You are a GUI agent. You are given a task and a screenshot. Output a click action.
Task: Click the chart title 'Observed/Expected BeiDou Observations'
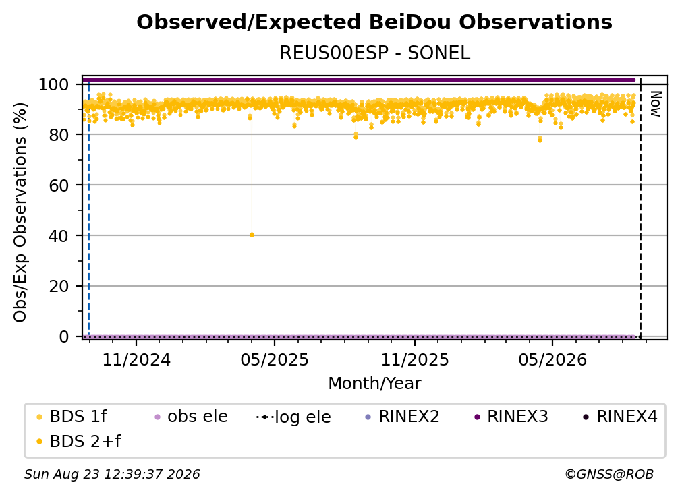click(x=374, y=22)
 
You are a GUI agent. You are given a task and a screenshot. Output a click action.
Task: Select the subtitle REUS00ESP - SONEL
click(x=374, y=53)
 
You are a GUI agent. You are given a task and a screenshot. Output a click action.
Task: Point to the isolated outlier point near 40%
click(x=252, y=235)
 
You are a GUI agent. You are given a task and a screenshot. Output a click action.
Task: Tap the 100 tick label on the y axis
click(x=54, y=84)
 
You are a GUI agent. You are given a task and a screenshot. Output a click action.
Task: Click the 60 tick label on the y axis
click(x=59, y=185)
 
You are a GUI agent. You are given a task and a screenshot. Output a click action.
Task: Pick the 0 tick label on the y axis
click(x=63, y=337)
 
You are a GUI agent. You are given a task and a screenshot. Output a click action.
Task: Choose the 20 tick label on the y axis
click(x=59, y=286)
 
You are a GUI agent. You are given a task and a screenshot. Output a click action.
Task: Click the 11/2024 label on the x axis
click(x=136, y=360)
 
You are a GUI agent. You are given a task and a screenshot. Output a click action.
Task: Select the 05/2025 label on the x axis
click(x=275, y=360)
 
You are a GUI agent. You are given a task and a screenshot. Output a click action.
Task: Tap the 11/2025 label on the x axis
click(x=415, y=360)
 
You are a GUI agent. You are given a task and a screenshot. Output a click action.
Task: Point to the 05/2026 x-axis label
click(x=552, y=360)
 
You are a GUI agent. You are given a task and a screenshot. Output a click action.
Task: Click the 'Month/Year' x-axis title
click(x=374, y=384)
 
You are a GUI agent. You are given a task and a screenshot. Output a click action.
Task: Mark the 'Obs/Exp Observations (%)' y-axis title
click(x=20, y=212)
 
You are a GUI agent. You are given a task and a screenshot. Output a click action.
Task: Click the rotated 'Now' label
click(x=655, y=104)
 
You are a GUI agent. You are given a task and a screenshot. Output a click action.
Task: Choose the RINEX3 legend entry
click(x=511, y=417)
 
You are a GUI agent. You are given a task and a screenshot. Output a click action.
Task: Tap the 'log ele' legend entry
click(x=293, y=417)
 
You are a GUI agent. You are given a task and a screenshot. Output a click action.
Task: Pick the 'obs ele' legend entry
click(x=188, y=417)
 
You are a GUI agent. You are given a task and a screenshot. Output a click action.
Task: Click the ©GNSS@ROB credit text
click(x=609, y=475)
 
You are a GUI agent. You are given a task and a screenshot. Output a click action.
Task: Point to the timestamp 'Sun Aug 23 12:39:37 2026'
click(x=112, y=475)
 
